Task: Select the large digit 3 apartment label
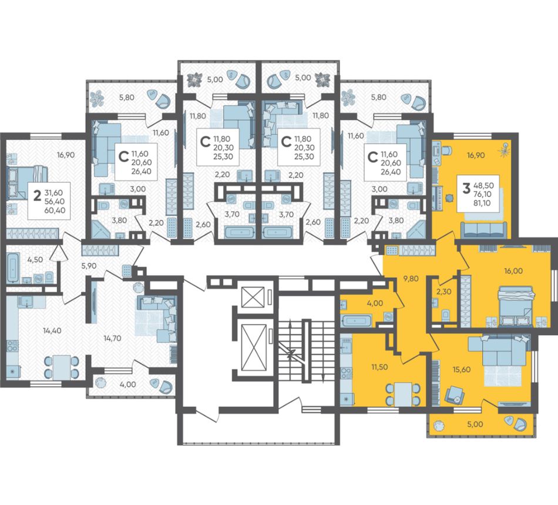[x=466, y=188]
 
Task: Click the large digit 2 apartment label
[x=36, y=196]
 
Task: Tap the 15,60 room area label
[x=461, y=369]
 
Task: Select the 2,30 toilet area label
[x=443, y=292]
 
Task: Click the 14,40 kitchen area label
[x=52, y=330]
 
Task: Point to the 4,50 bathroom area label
[x=35, y=259]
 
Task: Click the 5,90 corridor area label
[x=89, y=265]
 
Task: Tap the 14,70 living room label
[x=112, y=338]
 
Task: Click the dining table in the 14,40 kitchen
[x=62, y=367]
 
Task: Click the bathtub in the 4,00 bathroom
[x=356, y=320]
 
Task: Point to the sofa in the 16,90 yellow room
[x=484, y=230]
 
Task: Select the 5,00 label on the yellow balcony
[x=475, y=424]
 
